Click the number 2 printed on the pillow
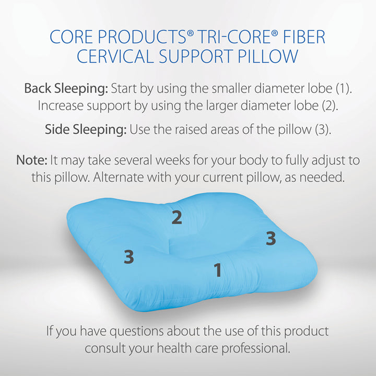177,217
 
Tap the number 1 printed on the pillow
218,270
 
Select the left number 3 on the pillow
129,257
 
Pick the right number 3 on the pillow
271,238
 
